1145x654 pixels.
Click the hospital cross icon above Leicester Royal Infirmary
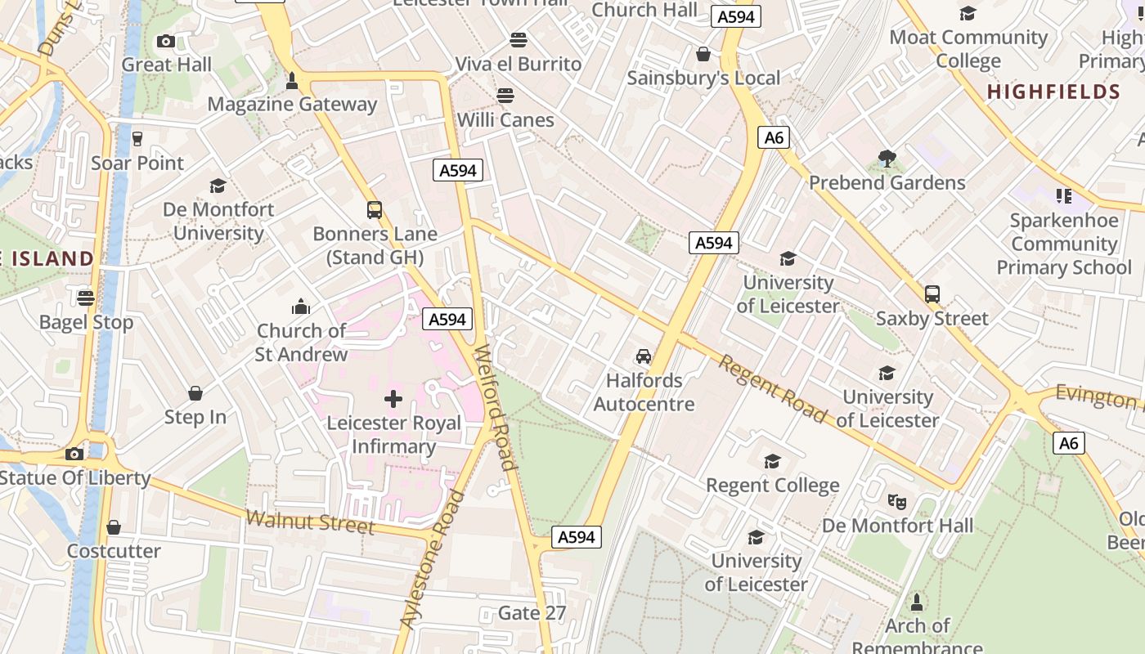pyautogui.click(x=393, y=399)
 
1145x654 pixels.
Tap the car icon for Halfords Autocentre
pyautogui.click(x=644, y=356)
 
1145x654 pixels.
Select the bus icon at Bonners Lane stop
pyautogui.click(x=375, y=210)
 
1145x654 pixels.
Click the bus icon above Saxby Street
pyautogui.click(x=932, y=294)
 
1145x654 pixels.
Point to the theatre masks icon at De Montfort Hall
pyautogui.click(x=897, y=501)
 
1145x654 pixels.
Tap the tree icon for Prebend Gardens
pyautogui.click(x=887, y=159)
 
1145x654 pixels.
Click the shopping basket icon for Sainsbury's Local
pyautogui.click(x=703, y=54)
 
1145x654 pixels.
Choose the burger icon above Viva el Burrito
pyautogui.click(x=518, y=39)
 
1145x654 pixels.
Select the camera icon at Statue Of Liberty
pyautogui.click(x=74, y=454)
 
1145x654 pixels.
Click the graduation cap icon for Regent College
pyautogui.click(x=772, y=462)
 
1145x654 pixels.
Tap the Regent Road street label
pyautogui.click(x=772, y=389)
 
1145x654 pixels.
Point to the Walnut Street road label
pyautogui.click(x=310, y=522)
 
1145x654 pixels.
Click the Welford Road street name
pyautogui.click(x=496, y=407)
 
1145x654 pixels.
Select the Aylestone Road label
pyautogui.click(x=432, y=560)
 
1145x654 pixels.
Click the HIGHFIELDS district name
pyautogui.click(x=1053, y=92)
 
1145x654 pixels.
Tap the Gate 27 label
pyautogui.click(x=532, y=612)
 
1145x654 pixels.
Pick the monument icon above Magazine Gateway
pyautogui.click(x=292, y=80)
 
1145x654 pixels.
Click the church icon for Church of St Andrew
pyautogui.click(x=301, y=307)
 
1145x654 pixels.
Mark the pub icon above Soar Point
pyautogui.click(x=137, y=139)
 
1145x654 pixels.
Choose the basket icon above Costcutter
pyautogui.click(x=114, y=527)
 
